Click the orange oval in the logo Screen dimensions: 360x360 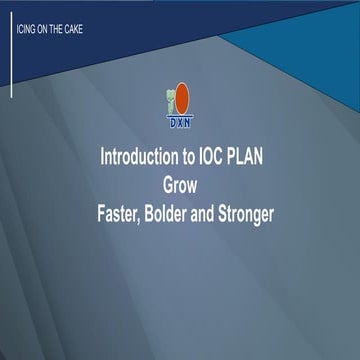[x=182, y=98]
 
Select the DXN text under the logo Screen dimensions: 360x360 [x=179, y=125]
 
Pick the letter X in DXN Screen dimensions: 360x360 [x=179, y=125]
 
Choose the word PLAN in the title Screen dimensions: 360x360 [x=243, y=159]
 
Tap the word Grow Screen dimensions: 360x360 [x=180, y=186]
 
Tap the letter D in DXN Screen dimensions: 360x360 [x=171, y=125]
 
